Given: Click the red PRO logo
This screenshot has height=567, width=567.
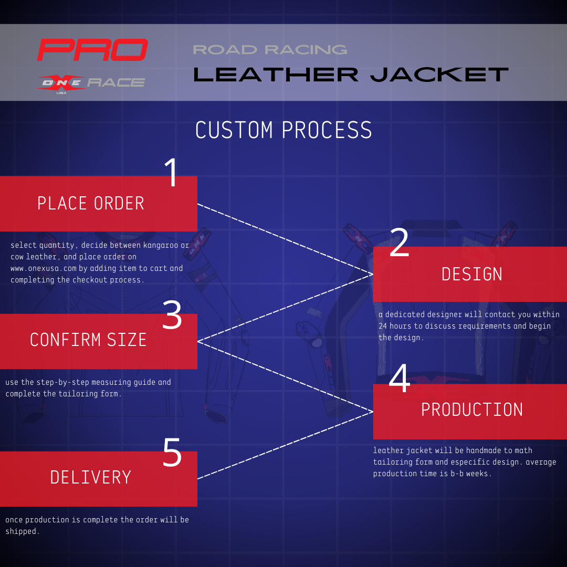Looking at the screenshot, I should click(92, 50).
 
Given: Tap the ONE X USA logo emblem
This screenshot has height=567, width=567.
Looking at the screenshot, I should click(61, 83).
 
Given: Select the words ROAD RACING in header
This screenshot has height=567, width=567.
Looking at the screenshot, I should click(270, 50).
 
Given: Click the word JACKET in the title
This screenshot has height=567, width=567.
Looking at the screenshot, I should click(439, 75).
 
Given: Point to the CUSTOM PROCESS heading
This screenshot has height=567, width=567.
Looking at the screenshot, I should click(283, 130).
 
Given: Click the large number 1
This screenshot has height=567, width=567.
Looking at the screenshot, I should click(172, 173).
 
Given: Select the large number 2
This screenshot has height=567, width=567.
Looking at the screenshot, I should click(400, 243).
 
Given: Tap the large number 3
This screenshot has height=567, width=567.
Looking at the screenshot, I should click(172, 316).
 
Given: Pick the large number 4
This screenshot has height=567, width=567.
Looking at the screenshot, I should click(400, 379).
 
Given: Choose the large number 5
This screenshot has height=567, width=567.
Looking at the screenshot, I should click(172, 453).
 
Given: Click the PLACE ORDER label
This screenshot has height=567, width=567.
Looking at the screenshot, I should click(91, 204).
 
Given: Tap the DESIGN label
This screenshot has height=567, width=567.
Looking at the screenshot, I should click(472, 274).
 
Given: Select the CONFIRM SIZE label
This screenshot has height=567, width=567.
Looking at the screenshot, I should click(88, 340).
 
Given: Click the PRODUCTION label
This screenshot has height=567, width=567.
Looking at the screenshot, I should click(472, 410).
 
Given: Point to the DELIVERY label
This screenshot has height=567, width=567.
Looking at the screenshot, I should click(91, 477).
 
